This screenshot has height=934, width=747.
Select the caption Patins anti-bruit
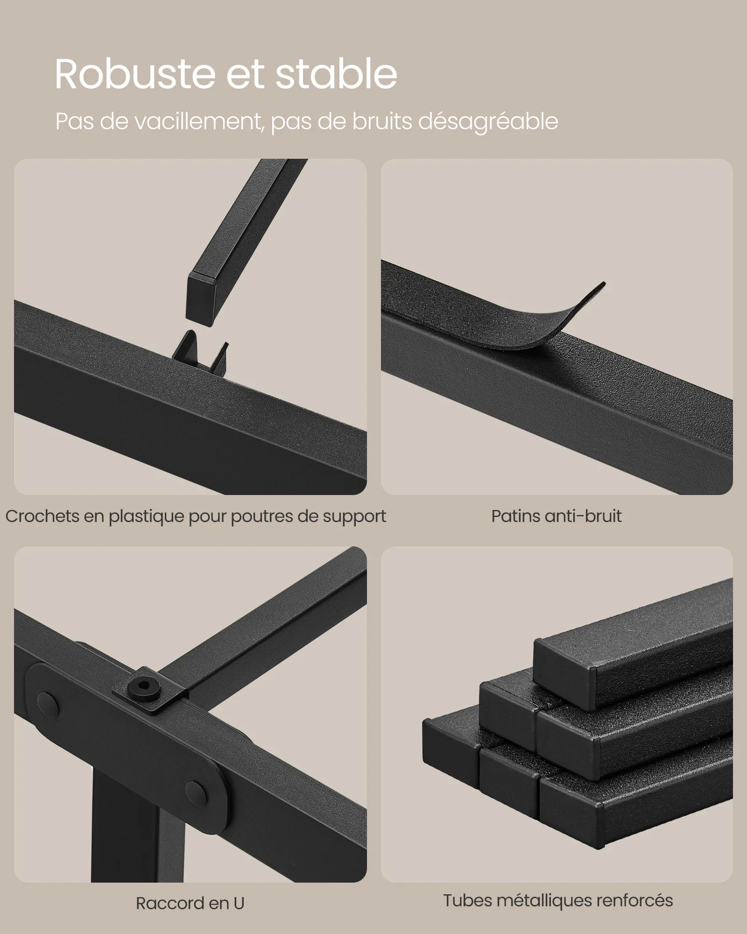557,516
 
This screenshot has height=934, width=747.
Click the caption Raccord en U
190,903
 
